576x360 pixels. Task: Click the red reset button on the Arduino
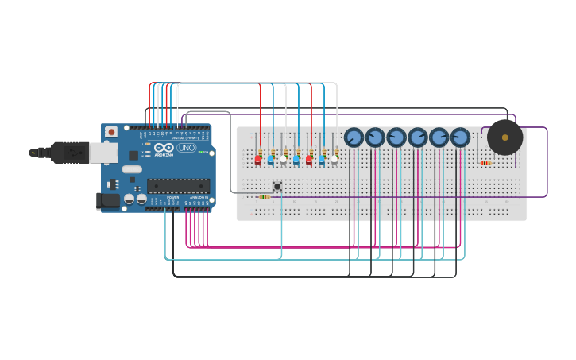point(111,132)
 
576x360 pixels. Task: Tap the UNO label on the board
point(186,148)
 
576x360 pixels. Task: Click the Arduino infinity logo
point(164,148)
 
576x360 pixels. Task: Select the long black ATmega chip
point(178,186)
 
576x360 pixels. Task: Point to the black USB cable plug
point(70,152)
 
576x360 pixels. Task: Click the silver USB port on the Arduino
point(104,153)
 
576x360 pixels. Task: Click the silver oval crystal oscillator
point(132,168)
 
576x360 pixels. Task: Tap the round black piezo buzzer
point(504,137)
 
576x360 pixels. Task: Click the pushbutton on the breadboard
point(276,186)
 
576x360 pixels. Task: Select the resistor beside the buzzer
point(485,163)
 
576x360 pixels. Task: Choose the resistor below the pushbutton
point(264,196)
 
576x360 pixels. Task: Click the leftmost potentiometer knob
point(354,137)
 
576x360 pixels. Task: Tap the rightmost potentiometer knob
point(460,137)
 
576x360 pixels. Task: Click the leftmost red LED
point(257,160)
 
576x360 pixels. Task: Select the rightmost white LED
point(334,159)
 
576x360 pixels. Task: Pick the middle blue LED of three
point(296,160)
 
